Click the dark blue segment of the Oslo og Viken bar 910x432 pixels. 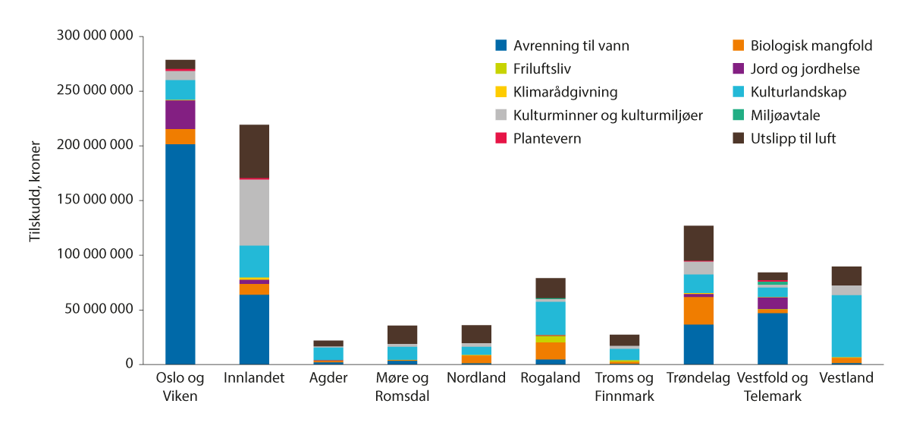tap(180, 254)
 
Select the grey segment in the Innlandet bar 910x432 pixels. tap(254, 213)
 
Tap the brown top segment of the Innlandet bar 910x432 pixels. tap(254, 151)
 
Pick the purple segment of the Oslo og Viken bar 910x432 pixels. tap(180, 115)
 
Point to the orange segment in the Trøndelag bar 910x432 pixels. tap(698, 311)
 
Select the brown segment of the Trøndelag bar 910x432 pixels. tap(698, 243)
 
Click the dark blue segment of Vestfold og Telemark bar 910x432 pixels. tap(772, 339)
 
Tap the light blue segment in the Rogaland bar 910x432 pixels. tap(551, 318)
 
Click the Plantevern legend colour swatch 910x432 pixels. tap(500, 139)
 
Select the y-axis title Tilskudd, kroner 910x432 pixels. tap(35, 200)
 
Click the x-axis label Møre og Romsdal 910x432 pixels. tap(402, 386)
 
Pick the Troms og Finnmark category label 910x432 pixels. tap(624, 386)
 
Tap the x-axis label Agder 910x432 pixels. tap(328, 378)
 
